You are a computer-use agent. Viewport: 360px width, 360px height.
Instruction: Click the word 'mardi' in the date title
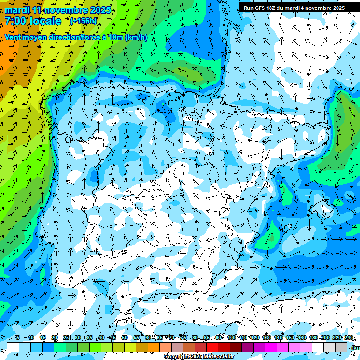tap(17, 10)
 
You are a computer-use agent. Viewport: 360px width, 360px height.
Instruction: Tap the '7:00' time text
tap(16, 21)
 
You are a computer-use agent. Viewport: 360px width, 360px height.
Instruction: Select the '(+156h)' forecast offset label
tap(83, 21)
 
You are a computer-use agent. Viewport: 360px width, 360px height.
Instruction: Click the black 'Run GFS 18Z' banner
tap(294, 7)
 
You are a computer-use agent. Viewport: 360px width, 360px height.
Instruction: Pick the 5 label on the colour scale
tap(17, 337)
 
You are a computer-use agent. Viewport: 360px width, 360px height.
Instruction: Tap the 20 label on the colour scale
tap(54, 337)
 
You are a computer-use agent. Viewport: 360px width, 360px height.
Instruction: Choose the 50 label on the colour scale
tap(125, 337)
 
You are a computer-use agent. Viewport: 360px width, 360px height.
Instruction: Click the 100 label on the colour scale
tap(231, 337)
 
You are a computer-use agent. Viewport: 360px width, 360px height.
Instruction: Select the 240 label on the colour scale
tap(348, 337)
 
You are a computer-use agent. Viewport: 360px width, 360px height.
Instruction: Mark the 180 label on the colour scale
tap(313, 337)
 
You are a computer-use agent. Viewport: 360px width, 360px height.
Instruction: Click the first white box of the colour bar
tap(13, 347)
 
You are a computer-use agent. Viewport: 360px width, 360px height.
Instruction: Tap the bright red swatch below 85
tap(212, 347)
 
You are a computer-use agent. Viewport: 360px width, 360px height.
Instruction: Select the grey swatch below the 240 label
tap(341, 347)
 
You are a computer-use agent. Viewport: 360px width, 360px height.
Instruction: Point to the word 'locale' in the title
tap(45, 21)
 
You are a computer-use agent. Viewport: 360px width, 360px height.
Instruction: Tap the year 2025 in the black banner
tap(337, 7)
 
